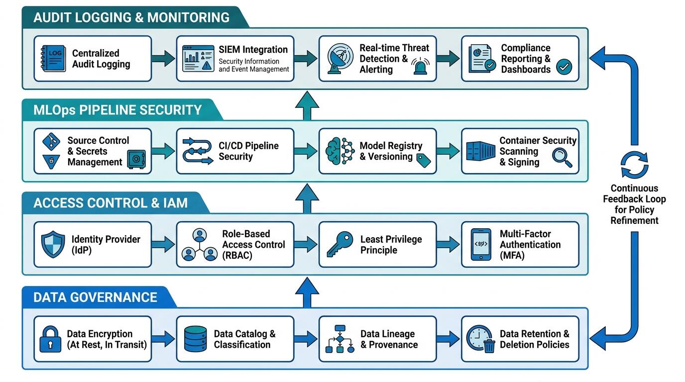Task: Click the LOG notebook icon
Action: [54, 58]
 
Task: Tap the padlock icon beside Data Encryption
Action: [50, 339]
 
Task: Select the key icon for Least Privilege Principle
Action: [340, 244]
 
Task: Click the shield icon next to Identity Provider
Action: [53, 244]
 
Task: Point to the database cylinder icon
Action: [196, 339]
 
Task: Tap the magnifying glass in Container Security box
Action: [562, 157]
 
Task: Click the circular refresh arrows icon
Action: [635, 165]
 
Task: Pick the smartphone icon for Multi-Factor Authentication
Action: [481, 244]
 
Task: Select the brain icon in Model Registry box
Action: [334, 151]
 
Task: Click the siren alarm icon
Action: [420, 66]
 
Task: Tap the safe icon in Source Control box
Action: [136, 159]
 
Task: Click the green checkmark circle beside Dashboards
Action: [564, 67]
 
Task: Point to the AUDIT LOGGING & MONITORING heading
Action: [131, 17]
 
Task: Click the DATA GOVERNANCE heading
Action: [96, 297]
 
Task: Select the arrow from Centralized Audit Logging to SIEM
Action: [163, 58]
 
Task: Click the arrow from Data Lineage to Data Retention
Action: [449, 339]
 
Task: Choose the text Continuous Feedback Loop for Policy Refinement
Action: [635, 204]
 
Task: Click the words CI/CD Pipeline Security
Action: [248, 151]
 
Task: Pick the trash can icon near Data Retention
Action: [489, 346]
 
